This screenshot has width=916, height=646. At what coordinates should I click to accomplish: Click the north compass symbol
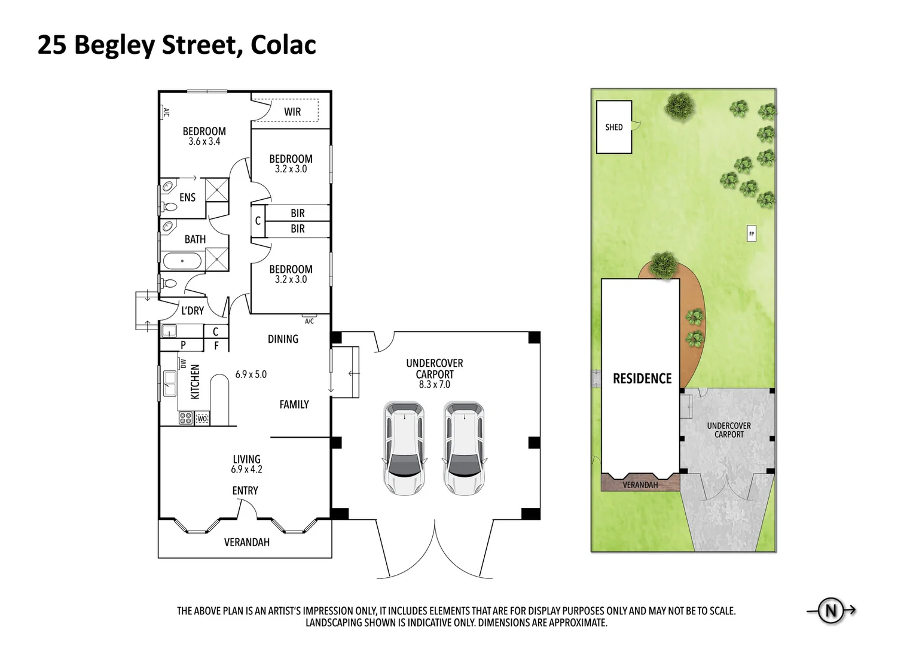click(x=830, y=611)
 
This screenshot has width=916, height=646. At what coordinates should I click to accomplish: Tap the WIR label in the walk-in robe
click(x=292, y=112)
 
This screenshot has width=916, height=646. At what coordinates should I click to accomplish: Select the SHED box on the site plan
click(x=614, y=127)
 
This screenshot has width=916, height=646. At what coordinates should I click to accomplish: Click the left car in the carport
click(x=404, y=448)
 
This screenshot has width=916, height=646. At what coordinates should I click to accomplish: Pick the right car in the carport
click(x=464, y=448)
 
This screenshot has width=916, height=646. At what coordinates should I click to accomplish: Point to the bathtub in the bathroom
click(x=182, y=261)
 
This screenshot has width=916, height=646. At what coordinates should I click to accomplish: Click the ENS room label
click(x=187, y=197)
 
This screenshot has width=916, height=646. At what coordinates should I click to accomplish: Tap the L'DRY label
click(x=193, y=310)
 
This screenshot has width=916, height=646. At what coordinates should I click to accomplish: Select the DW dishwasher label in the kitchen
click(x=184, y=364)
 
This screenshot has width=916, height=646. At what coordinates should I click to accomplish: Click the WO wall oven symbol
click(x=202, y=419)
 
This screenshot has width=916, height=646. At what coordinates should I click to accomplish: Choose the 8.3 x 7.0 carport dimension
click(x=435, y=385)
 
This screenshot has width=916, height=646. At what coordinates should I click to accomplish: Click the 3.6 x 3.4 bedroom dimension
click(x=204, y=142)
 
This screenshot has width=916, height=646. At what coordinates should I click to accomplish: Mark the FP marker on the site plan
click(x=752, y=234)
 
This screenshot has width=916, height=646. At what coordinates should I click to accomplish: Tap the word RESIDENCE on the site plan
click(x=642, y=379)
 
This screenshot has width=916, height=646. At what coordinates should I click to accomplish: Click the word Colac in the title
click(x=283, y=45)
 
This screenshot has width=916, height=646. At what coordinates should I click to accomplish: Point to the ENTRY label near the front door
click(x=245, y=490)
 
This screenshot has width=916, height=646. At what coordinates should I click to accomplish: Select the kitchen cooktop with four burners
click(x=185, y=418)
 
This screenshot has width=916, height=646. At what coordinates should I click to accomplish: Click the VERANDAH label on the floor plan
click(x=246, y=543)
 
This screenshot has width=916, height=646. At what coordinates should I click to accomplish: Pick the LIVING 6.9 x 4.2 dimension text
click(x=246, y=470)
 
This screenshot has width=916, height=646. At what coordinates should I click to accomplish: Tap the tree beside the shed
click(x=679, y=106)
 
